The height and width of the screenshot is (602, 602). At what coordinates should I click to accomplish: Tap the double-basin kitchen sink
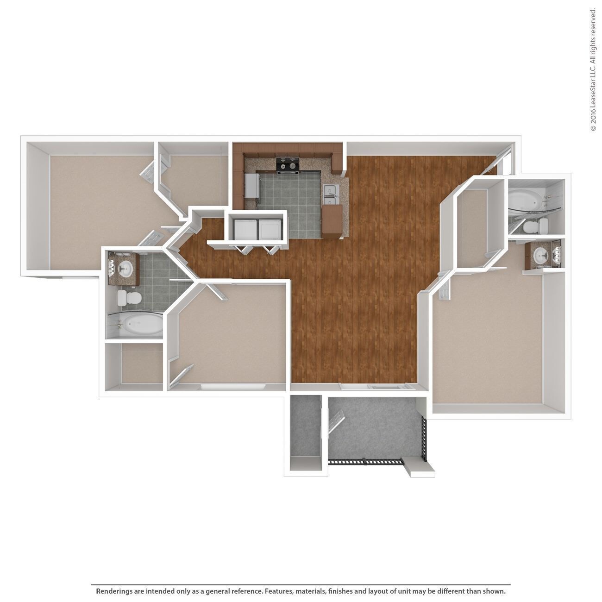pos(331,194)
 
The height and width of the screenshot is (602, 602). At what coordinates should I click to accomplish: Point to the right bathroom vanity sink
pos(539,255)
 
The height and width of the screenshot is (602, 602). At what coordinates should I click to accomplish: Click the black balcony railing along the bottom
pos(366,461)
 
